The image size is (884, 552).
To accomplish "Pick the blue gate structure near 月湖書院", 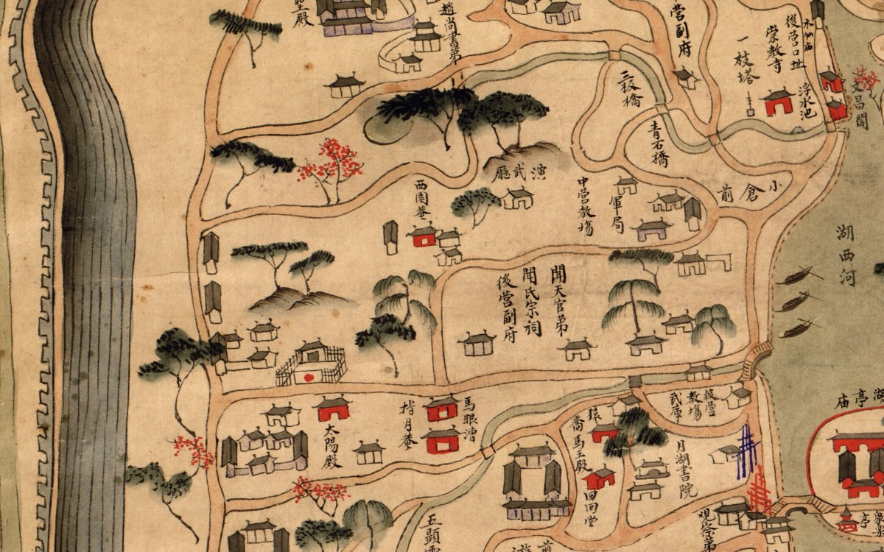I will pyautogui.click(x=748, y=450).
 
